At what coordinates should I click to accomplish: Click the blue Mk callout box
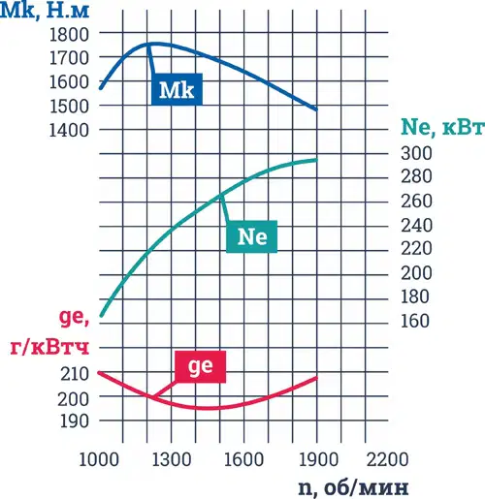(177, 89)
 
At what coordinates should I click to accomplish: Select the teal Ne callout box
(251, 236)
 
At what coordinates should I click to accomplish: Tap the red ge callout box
(201, 366)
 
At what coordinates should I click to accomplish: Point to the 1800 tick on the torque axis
(69, 34)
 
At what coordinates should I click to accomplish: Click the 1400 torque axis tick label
(69, 131)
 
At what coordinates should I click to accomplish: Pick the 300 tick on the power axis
(416, 153)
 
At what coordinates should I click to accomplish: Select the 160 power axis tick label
(415, 321)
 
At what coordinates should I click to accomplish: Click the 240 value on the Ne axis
(416, 225)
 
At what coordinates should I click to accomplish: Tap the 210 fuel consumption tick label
(75, 374)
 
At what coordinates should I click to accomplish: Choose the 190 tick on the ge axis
(75, 421)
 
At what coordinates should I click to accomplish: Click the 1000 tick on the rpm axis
(99, 459)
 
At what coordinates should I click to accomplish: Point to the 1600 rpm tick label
(243, 459)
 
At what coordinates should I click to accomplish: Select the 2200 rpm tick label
(387, 459)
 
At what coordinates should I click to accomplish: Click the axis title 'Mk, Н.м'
(45, 11)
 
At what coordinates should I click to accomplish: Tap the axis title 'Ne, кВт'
(442, 127)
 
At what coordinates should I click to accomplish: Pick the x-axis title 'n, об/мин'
(353, 487)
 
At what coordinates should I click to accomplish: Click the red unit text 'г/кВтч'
(49, 348)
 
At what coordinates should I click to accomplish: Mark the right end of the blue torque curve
(316, 109)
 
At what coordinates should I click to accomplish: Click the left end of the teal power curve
(101, 316)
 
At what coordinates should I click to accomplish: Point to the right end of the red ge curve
(316, 378)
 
